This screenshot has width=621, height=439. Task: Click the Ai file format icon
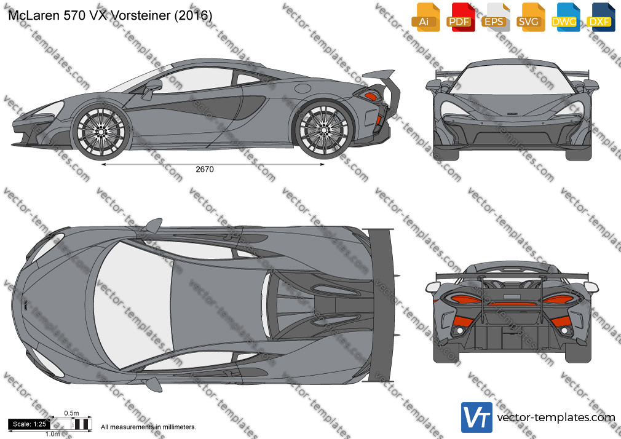(425, 17)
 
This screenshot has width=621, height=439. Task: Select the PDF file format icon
(460, 17)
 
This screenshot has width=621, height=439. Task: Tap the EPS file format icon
(495, 17)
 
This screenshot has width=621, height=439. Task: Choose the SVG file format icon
(530, 17)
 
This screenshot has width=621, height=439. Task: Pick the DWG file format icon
(565, 17)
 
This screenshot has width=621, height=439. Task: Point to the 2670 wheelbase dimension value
(205, 169)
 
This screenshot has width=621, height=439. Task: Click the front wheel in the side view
(101, 131)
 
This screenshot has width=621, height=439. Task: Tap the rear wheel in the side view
(324, 130)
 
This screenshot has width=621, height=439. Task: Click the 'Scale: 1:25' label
(30, 424)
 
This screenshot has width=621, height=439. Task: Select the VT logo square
(477, 417)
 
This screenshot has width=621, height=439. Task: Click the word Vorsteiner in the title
(141, 15)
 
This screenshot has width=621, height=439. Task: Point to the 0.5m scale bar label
(72, 413)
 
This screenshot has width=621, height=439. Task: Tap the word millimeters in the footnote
(180, 427)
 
